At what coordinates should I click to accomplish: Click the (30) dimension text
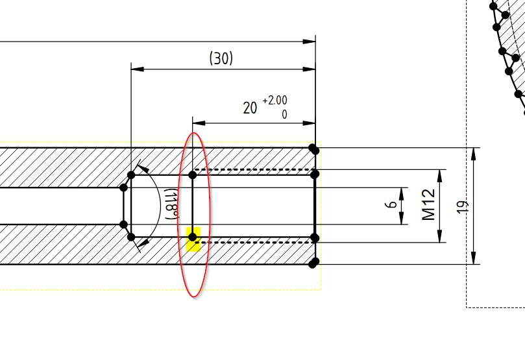(221, 58)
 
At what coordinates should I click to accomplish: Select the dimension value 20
(250, 108)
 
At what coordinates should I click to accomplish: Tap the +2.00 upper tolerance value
(275, 101)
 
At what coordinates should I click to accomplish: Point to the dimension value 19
(462, 207)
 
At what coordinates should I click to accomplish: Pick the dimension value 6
(391, 205)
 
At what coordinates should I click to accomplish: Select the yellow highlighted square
(193, 239)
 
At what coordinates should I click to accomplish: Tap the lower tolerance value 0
(284, 114)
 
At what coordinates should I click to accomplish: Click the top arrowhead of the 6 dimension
(403, 192)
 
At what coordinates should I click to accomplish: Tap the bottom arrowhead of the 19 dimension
(475, 260)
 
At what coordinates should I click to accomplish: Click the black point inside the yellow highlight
(193, 237)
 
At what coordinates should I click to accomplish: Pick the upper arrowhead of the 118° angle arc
(145, 170)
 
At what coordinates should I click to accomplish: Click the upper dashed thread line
(253, 170)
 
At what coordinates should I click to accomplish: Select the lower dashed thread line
(253, 243)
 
